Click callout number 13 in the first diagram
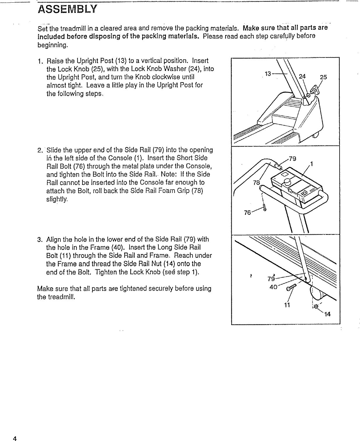click(x=268, y=74)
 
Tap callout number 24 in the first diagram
click(x=302, y=77)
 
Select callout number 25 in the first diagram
click(x=323, y=77)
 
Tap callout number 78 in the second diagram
click(x=256, y=183)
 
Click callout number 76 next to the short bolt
click(x=247, y=213)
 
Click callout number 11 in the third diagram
click(x=287, y=305)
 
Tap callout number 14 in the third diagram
click(x=327, y=314)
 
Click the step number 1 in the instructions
click(x=40, y=61)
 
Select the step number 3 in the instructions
click(x=40, y=240)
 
